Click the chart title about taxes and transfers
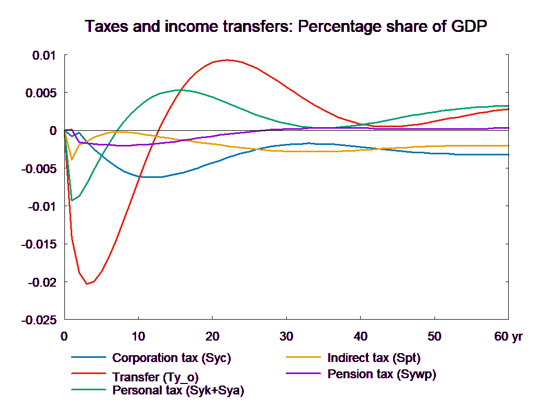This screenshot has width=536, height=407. [287, 27]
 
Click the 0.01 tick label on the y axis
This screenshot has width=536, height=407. [44, 55]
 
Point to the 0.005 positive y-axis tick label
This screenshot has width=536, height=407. [41, 93]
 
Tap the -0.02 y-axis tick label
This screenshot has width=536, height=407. [41, 282]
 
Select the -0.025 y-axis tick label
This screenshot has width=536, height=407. [39, 320]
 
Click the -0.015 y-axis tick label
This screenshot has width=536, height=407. [39, 244]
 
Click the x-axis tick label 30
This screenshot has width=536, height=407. [286, 336]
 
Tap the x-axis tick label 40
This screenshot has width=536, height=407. [360, 336]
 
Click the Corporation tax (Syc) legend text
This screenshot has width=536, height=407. [171, 358]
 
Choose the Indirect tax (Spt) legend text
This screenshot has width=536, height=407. [374, 358]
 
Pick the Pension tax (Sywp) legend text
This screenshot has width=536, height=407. [382, 374]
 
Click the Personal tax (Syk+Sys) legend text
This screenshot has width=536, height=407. [178, 390]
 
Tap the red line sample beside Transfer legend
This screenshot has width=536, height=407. [90, 374]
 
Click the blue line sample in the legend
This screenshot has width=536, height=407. [90, 358]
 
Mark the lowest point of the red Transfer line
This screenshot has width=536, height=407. [87, 284]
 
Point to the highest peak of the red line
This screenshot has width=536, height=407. [227, 60]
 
